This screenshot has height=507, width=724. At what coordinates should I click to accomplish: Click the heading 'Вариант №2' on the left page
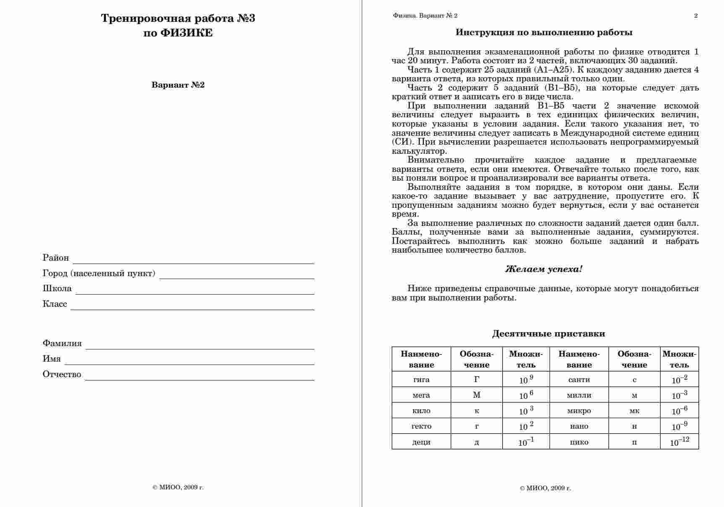click(178, 85)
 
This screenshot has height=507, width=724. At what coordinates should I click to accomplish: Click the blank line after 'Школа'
click(195, 290)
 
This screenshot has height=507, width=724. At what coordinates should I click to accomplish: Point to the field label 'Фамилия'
click(62, 344)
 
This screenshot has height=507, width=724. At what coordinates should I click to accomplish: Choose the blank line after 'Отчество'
click(200, 376)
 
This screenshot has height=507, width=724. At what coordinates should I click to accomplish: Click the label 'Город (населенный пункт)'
click(99, 274)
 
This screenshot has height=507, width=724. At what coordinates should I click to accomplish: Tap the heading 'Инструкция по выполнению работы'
click(544, 33)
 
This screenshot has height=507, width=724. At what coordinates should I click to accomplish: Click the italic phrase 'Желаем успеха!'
click(544, 269)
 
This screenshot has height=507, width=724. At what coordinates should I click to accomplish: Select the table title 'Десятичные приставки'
click(548, 334)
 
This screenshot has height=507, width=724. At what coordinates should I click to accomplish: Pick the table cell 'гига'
click(421, 380)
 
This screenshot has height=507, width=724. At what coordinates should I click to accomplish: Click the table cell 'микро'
click(579, 411)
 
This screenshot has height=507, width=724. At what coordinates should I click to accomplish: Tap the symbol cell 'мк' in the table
click(634, 411)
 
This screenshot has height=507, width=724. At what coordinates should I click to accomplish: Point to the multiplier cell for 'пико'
click(679, 442)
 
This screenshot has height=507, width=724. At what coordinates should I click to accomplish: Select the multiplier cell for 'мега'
click(526, 395)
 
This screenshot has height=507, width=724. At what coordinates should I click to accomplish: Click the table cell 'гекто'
click(421, 426)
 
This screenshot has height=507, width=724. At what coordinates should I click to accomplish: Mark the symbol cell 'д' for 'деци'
click(477, 442)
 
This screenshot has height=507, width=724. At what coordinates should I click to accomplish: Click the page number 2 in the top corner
click(696, 16)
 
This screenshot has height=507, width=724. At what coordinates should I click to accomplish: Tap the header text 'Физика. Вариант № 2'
click(425, 16)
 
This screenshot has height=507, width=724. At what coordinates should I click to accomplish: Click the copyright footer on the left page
click(178, 487)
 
